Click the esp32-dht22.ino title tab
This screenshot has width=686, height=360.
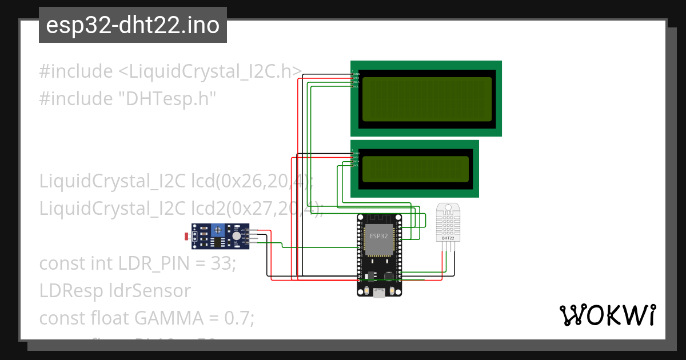[x=133, y=26]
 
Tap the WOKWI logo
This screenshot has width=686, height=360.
[x=607, y=315]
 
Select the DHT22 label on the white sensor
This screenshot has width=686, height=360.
[x=448, y=238]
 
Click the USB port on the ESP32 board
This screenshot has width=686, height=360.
[x=379, y=293]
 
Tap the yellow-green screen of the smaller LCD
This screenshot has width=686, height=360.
[x=415, y=169]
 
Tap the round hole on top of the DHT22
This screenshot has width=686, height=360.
[x=448, y=207]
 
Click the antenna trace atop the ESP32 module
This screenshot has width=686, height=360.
[x=378, y=218]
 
